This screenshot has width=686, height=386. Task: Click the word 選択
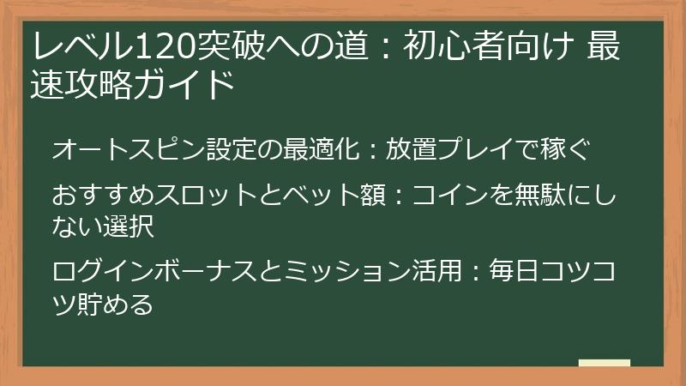pyautogui.click(x=133, y=226)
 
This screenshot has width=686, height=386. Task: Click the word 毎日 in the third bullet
pyautogui.click(x=511, y=272)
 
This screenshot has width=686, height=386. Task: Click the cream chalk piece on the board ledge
pyautogui.click(x=604, y=363)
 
